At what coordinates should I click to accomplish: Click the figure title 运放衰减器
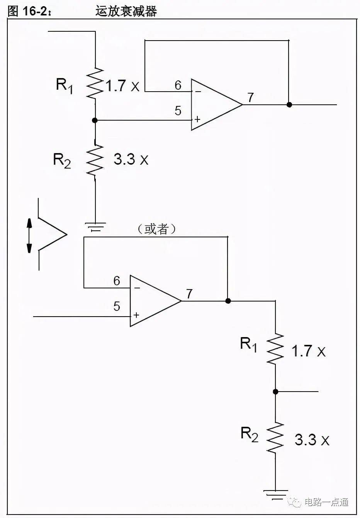(x=126, y=12)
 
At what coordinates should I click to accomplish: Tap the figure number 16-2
(x=35, y=11)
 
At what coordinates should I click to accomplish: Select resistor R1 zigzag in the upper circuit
(x=95, y=83)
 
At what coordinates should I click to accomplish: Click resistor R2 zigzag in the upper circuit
(x=95, y=160)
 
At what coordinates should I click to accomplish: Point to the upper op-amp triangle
(x=216, y=104)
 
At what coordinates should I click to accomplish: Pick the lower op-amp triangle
(x=155, y=301)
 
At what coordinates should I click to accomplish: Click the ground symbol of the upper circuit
(x=95, y=227)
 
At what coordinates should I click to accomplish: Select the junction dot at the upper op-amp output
(x=289, y=104)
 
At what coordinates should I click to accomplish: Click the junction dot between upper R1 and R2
(x=95, y=120)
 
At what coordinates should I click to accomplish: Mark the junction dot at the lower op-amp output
(x=228, y=301)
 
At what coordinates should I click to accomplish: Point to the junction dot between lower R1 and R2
(x=275, y=392)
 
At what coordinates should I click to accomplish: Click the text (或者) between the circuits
(x=156, y=229)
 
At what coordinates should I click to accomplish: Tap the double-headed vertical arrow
(x=29, y=235)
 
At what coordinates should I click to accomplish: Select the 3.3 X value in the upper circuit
(x=131, y=159)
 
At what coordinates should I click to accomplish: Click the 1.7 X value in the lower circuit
(x=309, y=351)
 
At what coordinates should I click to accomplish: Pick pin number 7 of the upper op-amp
(x=250, y=97)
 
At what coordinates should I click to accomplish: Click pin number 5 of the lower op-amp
(x=117, y=306)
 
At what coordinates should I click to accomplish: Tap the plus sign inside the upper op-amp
(x=197, y=119)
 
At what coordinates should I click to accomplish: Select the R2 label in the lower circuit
(x=249, y=434)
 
